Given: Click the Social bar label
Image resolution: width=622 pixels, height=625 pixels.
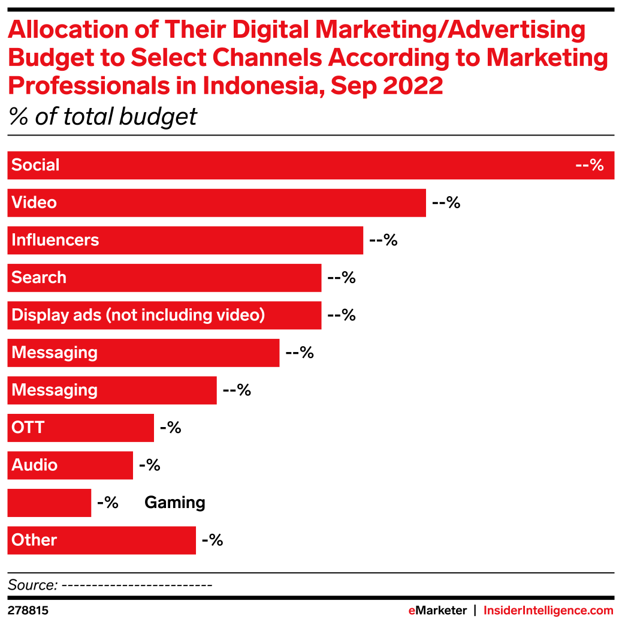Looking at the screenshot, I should pyautogui.click(x=35, y=165).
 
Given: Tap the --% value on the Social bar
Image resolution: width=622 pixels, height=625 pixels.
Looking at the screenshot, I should pyautogui.click(x=589, y=165).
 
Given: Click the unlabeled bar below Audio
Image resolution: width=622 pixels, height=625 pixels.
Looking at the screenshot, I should pyautogui.click(x=49, y=503).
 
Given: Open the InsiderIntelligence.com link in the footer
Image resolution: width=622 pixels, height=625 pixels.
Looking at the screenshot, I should pyautogui.click(x=548, y=611).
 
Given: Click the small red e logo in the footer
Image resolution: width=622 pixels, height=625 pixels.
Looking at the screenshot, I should pyautogui.click(x=412, y=611).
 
